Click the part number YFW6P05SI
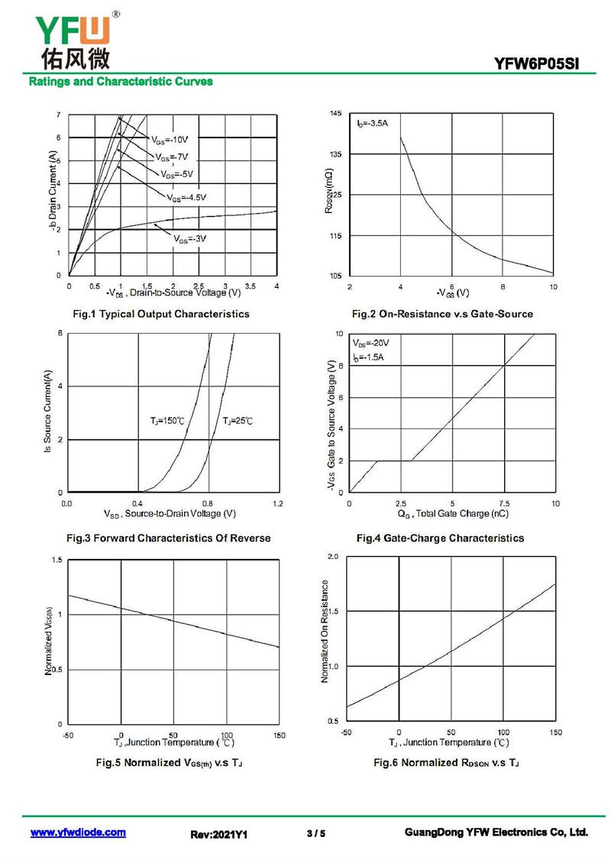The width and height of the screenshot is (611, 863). coord(536,63)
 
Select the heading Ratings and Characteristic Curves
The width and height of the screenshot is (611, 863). coord(121,82)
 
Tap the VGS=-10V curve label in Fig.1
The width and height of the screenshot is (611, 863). coord(170,140)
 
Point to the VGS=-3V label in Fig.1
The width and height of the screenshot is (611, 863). coord(190,239)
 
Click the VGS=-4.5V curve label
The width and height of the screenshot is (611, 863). coord(186,198)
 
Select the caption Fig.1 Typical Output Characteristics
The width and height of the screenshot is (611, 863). coord(160,314)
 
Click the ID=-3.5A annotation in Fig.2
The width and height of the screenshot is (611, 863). coord(372,123)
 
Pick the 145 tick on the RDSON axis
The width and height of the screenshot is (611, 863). coord(336,113)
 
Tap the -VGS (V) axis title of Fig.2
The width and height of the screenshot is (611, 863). coord(452,293)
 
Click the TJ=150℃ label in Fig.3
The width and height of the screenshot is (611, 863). coord(167,421)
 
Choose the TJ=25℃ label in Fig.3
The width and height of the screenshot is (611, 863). coord(238,421)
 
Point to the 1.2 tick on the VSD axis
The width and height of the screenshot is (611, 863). coord(278,503)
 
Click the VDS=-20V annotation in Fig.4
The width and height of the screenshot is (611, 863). coord(371,344)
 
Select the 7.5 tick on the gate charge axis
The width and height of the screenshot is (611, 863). coord(504,503)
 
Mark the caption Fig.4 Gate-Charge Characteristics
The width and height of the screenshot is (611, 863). coord(441,538)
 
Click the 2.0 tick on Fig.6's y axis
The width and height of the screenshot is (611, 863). coord(333,557)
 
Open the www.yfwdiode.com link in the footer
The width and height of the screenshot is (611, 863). coord(78,832)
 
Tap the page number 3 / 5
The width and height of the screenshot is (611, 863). coord(316,833)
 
